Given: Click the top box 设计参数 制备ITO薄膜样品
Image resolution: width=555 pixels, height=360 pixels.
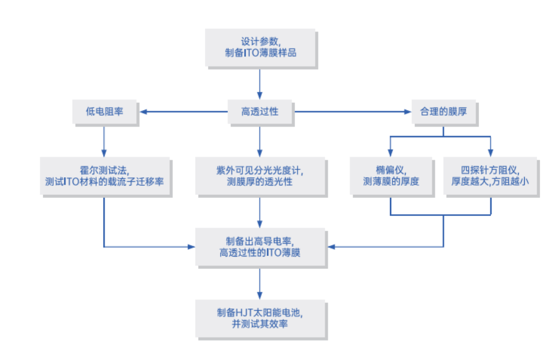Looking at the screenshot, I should [260, 47].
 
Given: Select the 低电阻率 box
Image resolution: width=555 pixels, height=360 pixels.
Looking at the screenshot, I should [105, 112].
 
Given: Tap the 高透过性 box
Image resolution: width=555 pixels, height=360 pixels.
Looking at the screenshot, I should [260, 112].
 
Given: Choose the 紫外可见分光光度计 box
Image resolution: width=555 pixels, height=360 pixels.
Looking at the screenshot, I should [260, 175].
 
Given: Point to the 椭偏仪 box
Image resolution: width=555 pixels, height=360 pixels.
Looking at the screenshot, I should [391, 175].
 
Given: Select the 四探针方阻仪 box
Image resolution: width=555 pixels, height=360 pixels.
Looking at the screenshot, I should [490, 175].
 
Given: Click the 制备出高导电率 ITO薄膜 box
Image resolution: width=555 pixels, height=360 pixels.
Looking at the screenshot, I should [260, 246].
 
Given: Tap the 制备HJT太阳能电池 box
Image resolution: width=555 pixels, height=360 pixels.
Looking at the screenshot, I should [260, 318].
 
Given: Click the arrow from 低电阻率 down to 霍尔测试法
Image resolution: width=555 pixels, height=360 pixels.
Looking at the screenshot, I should [104, 139].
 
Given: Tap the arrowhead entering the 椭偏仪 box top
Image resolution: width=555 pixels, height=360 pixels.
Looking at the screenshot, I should [391, 153].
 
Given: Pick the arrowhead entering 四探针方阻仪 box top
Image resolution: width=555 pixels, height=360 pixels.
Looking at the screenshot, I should [490, 153].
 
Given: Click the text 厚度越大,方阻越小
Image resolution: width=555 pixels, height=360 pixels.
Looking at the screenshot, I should [490, 182].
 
